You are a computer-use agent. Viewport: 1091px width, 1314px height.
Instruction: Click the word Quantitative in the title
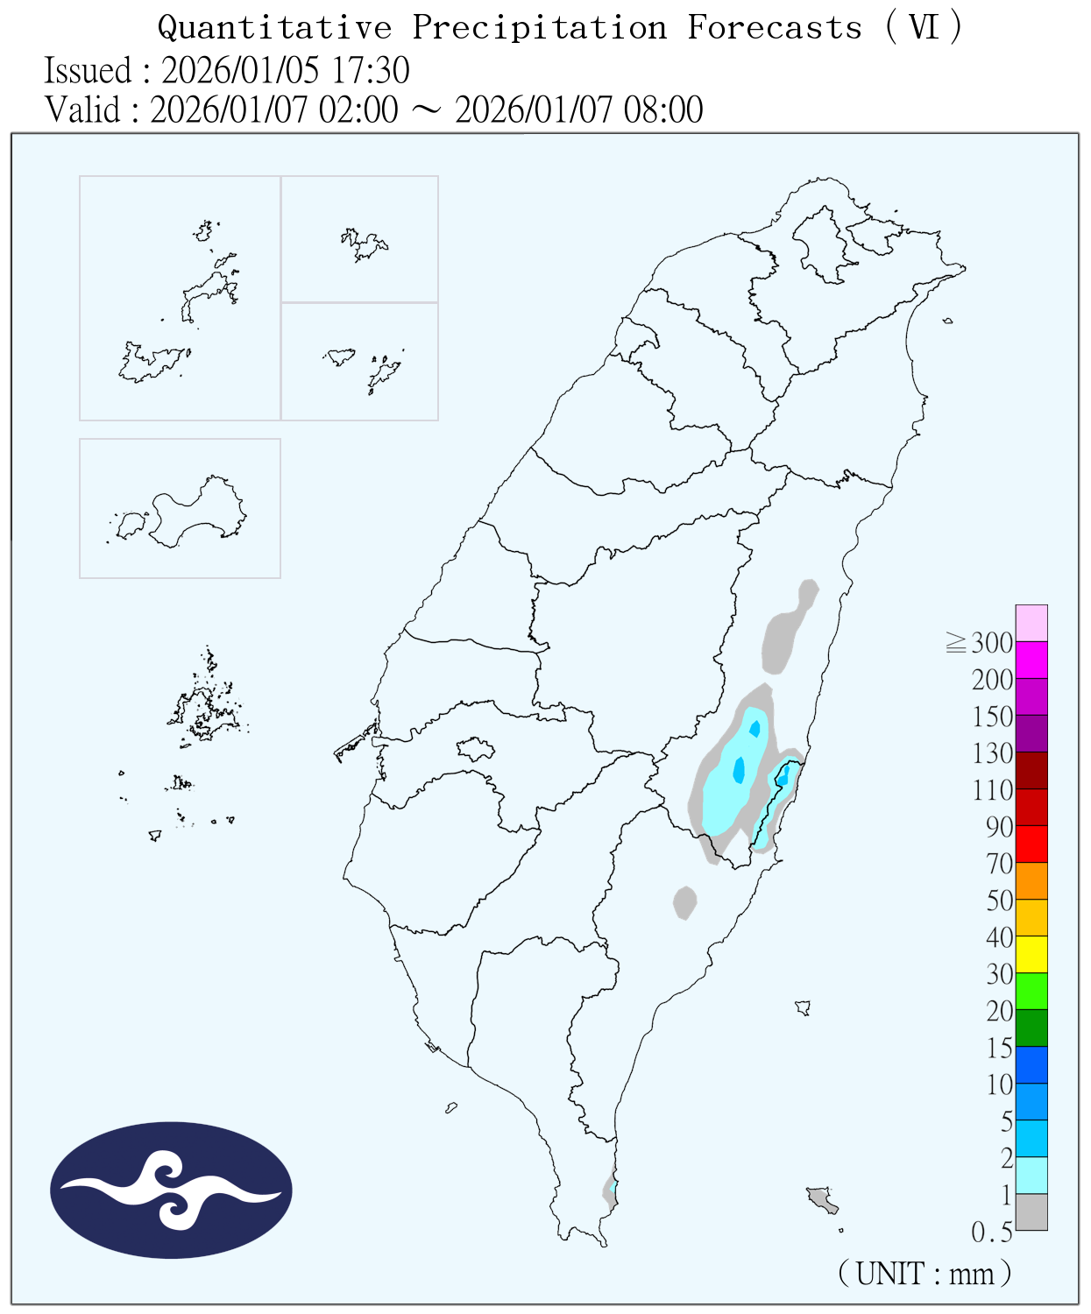pyautogui.click(x=274, y=28)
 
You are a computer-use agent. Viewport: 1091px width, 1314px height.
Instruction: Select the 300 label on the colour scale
pyautogui.click(x=992, y=643)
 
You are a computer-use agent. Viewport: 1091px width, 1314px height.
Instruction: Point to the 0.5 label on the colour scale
pyautogui.click(x=992, y=1233)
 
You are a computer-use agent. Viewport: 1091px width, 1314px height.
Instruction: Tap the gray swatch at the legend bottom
pyautogui.click(x=1031, y=1212)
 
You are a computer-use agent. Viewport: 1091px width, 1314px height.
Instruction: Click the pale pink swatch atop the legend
pyautogui.click(x=1031, y=623)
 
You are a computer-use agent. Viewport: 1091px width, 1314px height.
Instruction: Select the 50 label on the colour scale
pyautogui.click(x=1000, y=901)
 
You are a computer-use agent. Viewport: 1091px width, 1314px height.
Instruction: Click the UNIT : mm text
pyautogui.click(x=925, y=1273)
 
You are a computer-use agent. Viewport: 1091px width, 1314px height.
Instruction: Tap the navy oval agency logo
pyautogui.click(x=171, y=1190)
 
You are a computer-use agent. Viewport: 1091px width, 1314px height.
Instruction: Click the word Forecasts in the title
pyautogui.click(x=775, y=28)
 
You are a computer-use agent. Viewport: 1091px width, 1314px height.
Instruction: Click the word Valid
pyautogui.click(x=82, y=110)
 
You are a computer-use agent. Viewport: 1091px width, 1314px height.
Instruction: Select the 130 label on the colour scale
pyautogui.click(x=992, y=753)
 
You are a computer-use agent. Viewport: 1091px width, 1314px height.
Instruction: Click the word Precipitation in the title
pyautogui.click(x=540, y=28)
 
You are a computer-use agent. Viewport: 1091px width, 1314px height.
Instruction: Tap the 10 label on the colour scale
pyautogui.click(x=1000, y=1084)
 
